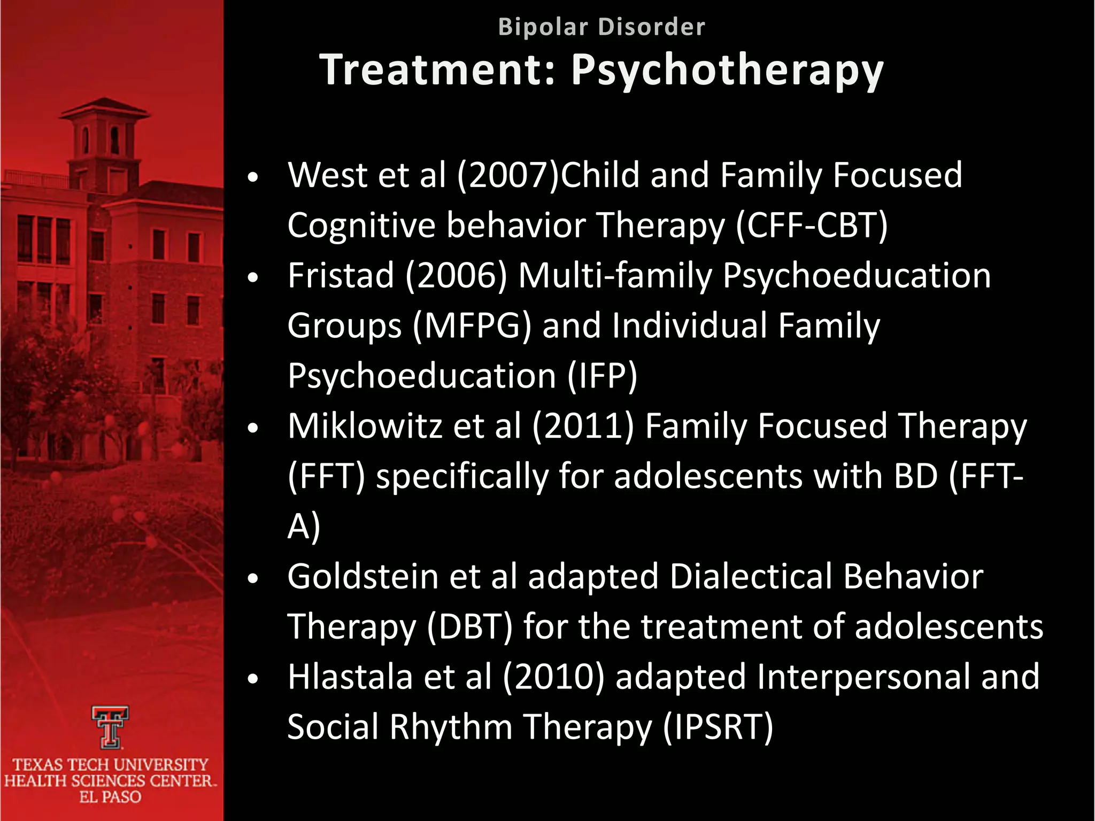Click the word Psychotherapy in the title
pyautogui.click(x=727, y=71)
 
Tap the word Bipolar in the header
pyautogui.click(x=543, y=27)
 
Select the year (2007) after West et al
pyautogui.click(x=508, y=175)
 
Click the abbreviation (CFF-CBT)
pyautogui.click(x=812, y=225)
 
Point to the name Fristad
pyautogui.click(x=341, y=275)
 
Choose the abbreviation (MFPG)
pyautogui.click(x=472, y=326)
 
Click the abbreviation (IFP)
pyautogui.click(x=602, y=376)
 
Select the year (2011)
pyautogui.click(x=583, y=426)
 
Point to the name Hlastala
pyautogui.click(x=350, y=677)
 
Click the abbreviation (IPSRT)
pyautogui.click(x=718, y=727)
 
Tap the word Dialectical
pyautogui.click(x=751, y=576)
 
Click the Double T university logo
pyautogui.click(x=110, y=727)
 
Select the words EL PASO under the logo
pyautogui.click(x=110, y=797)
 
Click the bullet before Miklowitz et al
pyautogui.click(x=253, y=428)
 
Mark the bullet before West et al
pyautogui.click(x=253, y=177)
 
